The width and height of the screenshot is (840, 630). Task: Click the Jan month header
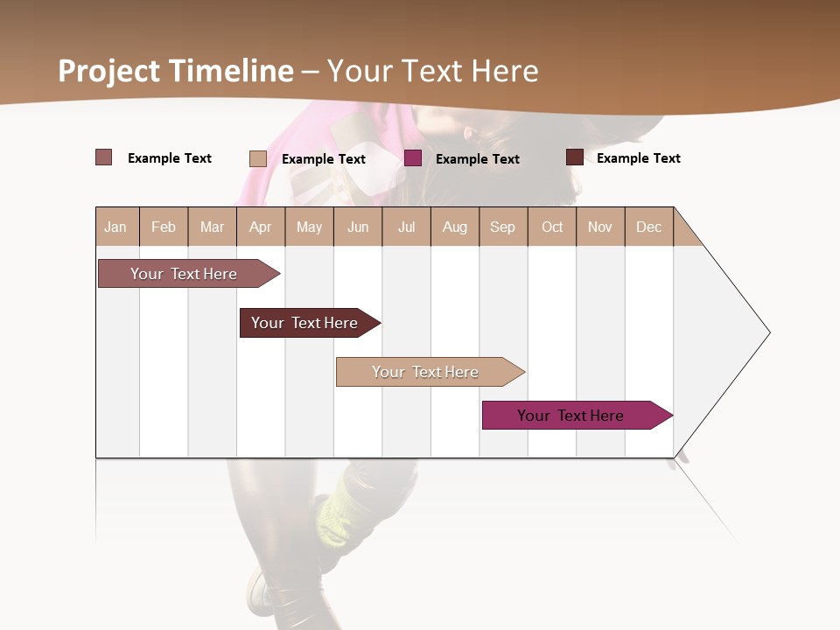pos(115,227)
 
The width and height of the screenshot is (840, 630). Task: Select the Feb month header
pos(164,227)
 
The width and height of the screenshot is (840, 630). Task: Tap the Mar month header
pos(212,227)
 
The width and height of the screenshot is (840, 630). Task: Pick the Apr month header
pos(260,227)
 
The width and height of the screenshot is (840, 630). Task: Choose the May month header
pos(309,227)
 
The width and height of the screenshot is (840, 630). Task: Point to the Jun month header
pos(358,227)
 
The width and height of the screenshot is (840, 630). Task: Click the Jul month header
pos(406,227)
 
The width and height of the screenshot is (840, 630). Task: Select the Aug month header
pos(454,227)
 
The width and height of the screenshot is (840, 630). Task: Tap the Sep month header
pos(502,227)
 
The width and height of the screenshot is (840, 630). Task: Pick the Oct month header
pos(552,227)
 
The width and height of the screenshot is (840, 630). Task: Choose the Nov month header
pos(600,227)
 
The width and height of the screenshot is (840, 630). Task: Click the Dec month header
pos(648,227)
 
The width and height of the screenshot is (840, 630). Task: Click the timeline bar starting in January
pos(184,274)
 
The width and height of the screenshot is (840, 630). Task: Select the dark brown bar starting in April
pos(304,323)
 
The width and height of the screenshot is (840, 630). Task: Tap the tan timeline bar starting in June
pos(425,372)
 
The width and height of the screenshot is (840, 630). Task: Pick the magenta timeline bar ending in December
pos(570,416)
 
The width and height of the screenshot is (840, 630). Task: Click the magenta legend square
pos(413,158)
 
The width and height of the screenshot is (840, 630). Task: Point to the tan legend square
pos(258,158)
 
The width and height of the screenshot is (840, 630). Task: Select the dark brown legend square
pos(575,157)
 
